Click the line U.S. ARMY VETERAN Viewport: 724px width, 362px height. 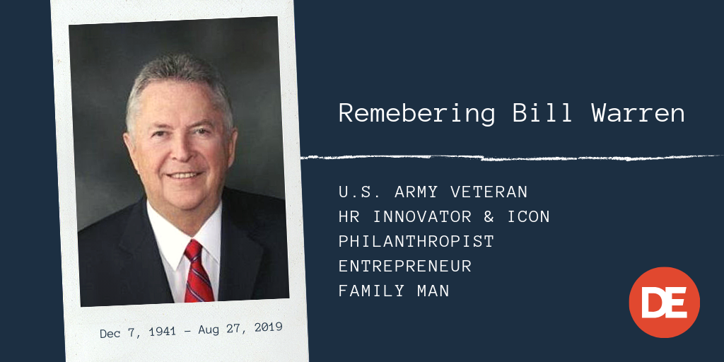click(x=433, y=192)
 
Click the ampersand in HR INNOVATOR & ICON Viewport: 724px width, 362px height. click(x=494, y=217)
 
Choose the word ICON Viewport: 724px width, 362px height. click(x=528, y=217)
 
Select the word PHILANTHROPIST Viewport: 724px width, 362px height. click(x=416, y=242)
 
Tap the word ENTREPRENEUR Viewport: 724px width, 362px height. click(x=404, y=267)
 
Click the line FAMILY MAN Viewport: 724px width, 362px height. click(x=394, y=291)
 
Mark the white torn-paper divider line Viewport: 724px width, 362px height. click(x=509, y=157)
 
